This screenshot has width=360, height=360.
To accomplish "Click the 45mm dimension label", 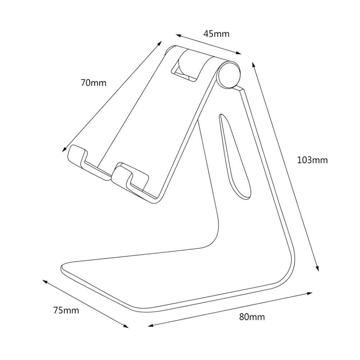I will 216,34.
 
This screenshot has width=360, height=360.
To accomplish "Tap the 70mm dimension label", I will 94,82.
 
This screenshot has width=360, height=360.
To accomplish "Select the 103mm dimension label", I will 312,160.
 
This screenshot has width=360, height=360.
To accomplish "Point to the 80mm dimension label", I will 252,317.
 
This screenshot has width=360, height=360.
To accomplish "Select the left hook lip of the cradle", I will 77,157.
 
